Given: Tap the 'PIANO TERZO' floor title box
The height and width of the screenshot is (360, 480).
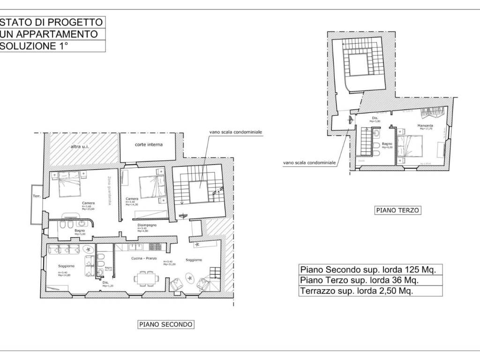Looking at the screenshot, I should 398,210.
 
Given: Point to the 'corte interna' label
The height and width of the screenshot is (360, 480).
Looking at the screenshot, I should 149,145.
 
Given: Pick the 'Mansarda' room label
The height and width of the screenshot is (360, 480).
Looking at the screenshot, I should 425,127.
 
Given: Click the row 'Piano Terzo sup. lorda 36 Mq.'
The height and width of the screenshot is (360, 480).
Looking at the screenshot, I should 359,280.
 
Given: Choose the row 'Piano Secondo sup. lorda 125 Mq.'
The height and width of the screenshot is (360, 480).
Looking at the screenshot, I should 368,270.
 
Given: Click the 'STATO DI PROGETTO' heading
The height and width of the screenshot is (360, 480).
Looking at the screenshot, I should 51,22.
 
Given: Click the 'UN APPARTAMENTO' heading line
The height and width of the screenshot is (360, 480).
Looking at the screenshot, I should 49,34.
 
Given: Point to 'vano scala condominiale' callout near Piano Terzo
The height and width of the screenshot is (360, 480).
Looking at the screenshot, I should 309,163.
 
